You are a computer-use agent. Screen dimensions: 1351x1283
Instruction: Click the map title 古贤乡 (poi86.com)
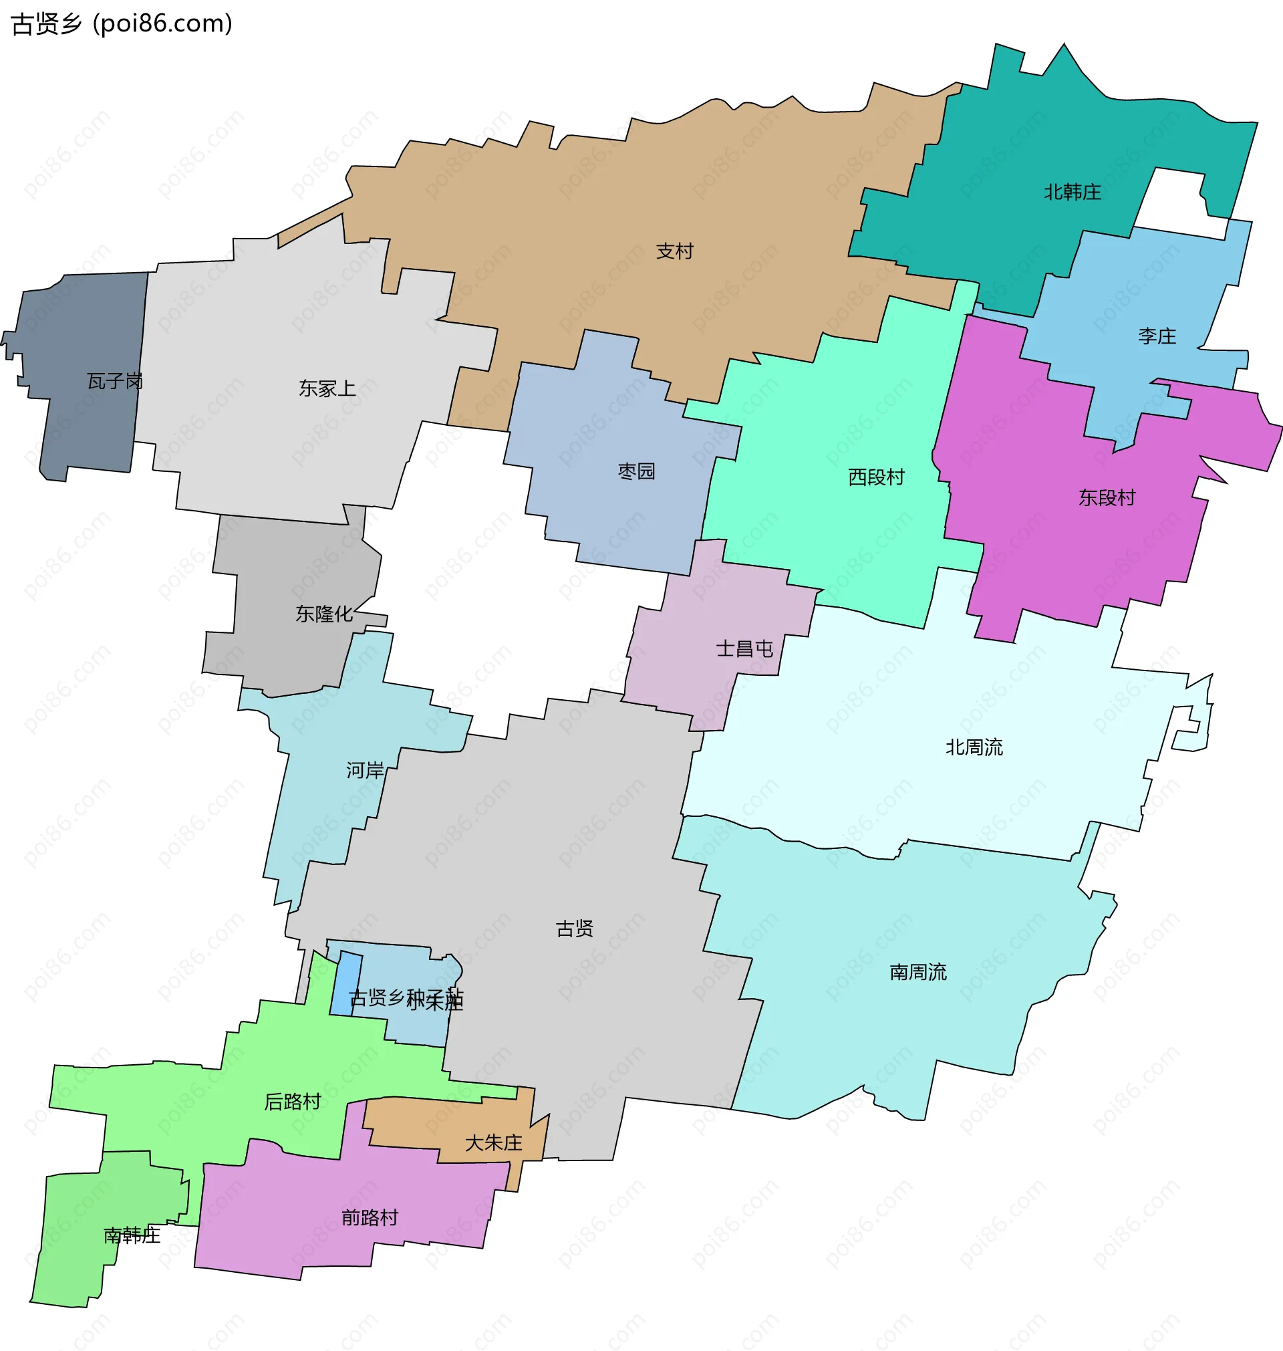click(122, 24)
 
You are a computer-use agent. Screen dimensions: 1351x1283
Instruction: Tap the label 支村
click(674, 252)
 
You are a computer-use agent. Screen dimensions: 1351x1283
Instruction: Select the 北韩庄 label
click(1072, 193)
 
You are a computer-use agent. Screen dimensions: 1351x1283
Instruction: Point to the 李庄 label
click(1157, 336)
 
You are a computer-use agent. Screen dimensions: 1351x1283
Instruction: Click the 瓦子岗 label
click(115, 381)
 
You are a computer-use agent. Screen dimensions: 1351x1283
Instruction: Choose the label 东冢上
click(327, 388)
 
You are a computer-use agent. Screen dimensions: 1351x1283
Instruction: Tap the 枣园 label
click(636, 471)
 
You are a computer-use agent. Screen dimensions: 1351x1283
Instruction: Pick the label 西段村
click(876, 477)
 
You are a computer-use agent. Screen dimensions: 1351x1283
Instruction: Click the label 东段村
click(1107, 497)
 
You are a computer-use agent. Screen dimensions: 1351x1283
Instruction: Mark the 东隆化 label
click(323, 614)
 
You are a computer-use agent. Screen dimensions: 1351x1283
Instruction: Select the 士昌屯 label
click(744, 648)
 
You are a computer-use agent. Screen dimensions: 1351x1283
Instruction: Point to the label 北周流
click(974, 747)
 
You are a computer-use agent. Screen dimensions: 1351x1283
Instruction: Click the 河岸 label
click(365, 770)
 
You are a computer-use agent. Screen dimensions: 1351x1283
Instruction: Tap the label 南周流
click(917, 971)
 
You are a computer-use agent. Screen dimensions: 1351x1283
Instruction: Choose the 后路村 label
click(292, 1101)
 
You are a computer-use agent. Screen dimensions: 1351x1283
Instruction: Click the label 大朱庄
click(493, 1143)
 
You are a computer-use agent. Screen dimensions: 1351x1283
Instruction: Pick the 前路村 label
click(370, 1217)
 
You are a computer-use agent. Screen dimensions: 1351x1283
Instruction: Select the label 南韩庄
click(132, 1235)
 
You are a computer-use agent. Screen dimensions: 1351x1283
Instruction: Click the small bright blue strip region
click(346, 983)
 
